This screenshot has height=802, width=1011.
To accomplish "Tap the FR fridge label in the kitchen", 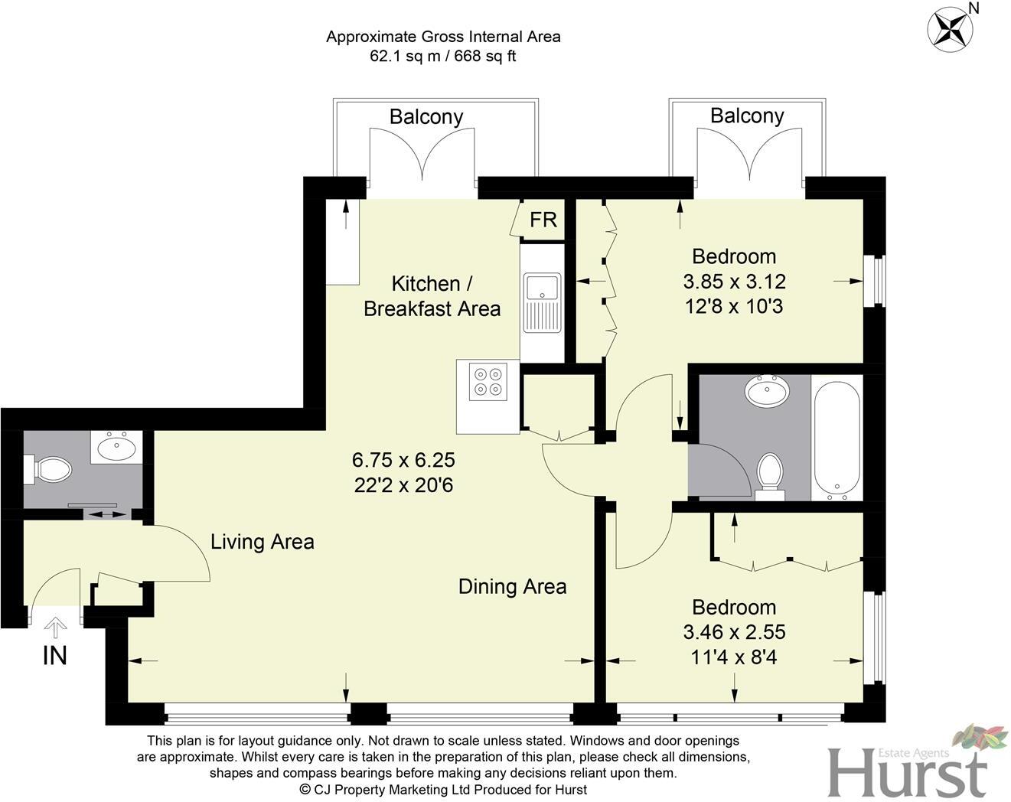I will tap(543, 220).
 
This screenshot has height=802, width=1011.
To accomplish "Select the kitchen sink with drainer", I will tap(543, 303).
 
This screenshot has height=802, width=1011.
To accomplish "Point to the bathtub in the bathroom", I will tap(837, 438).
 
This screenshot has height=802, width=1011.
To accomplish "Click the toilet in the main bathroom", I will tap(769, 472).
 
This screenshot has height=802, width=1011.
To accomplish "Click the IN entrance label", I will tap(54, 656).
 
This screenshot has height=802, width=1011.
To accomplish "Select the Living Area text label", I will tap(262, 542).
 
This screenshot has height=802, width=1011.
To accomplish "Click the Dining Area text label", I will tap(512, 587).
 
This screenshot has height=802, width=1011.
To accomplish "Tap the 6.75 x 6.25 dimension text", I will tap(403, 460).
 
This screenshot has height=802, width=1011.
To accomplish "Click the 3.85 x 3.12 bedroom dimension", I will tap(734, 282).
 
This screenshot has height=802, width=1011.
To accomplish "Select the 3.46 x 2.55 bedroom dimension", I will tap(734, 632).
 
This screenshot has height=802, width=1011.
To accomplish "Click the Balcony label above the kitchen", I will tap(426, 117).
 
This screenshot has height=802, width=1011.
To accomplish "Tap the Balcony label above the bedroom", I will tap(747, 116).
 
